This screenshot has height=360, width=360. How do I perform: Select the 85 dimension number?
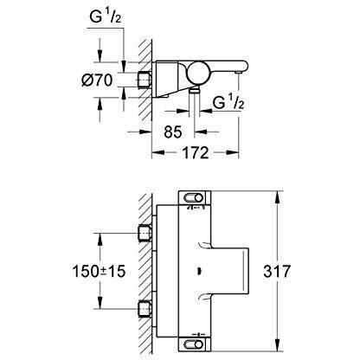point(175,132)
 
